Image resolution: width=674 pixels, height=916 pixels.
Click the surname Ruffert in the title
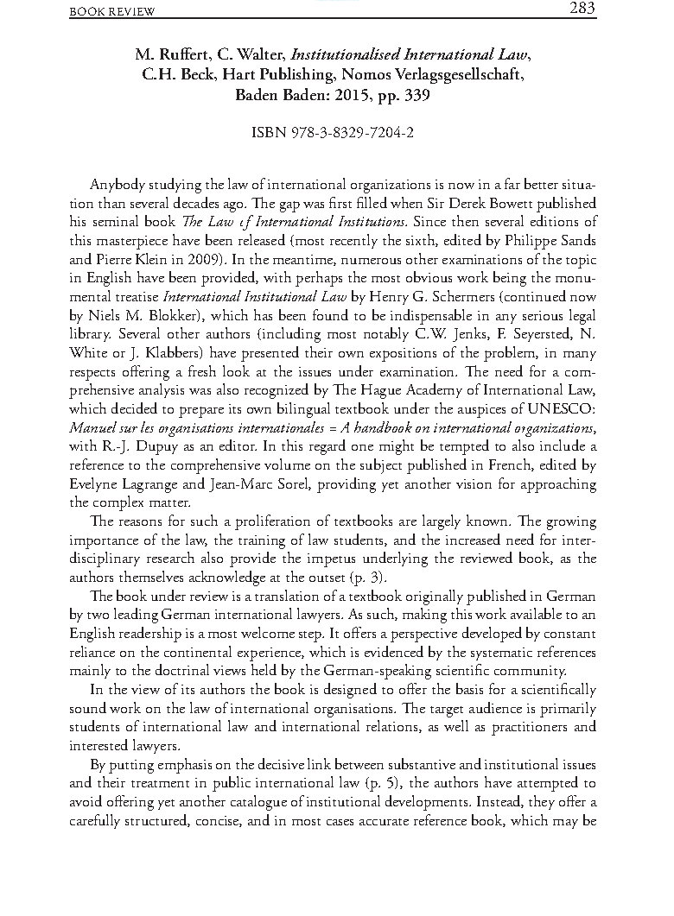point(184,55)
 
